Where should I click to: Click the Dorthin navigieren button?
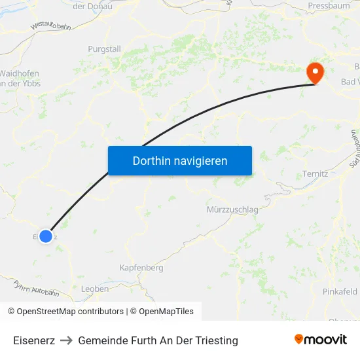(180, 160)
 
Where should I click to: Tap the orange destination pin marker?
(315, 72)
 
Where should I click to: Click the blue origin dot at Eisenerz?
(46, 236)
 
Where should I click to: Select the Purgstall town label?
(105, 48)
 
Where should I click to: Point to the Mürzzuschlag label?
(232, 209)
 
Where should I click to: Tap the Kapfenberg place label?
(141, 268)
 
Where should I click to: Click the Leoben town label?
(95, 289)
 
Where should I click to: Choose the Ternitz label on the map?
(315, 174)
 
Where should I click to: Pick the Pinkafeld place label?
(340, 291)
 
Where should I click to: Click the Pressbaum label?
(329, 6)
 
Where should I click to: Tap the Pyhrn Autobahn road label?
(37, 289)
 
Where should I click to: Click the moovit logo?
(321, 340)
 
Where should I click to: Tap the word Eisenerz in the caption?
(34, 340)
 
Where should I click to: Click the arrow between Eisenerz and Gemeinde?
(66, 340)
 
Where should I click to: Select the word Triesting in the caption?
(215, 340)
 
